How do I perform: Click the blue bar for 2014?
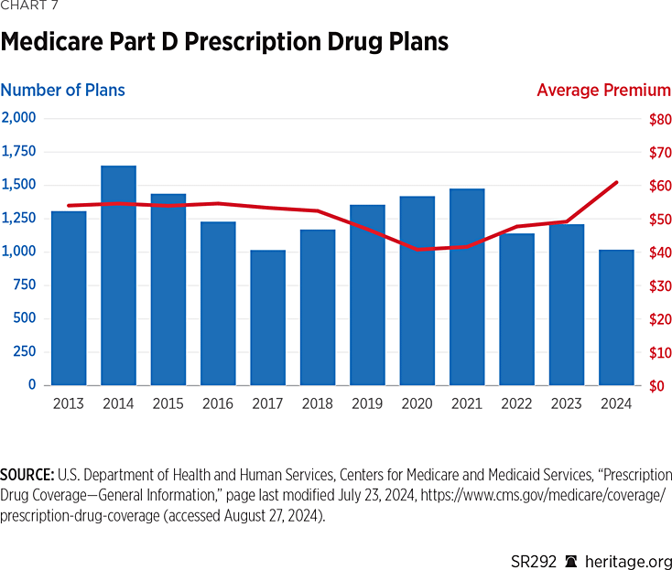118,275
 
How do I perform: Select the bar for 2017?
267,317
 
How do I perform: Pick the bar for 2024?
616,317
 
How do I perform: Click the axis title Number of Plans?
62,90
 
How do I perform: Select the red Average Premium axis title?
603,90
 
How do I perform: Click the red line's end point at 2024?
616,182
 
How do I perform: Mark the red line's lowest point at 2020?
417,249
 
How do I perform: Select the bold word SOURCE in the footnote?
27,476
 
